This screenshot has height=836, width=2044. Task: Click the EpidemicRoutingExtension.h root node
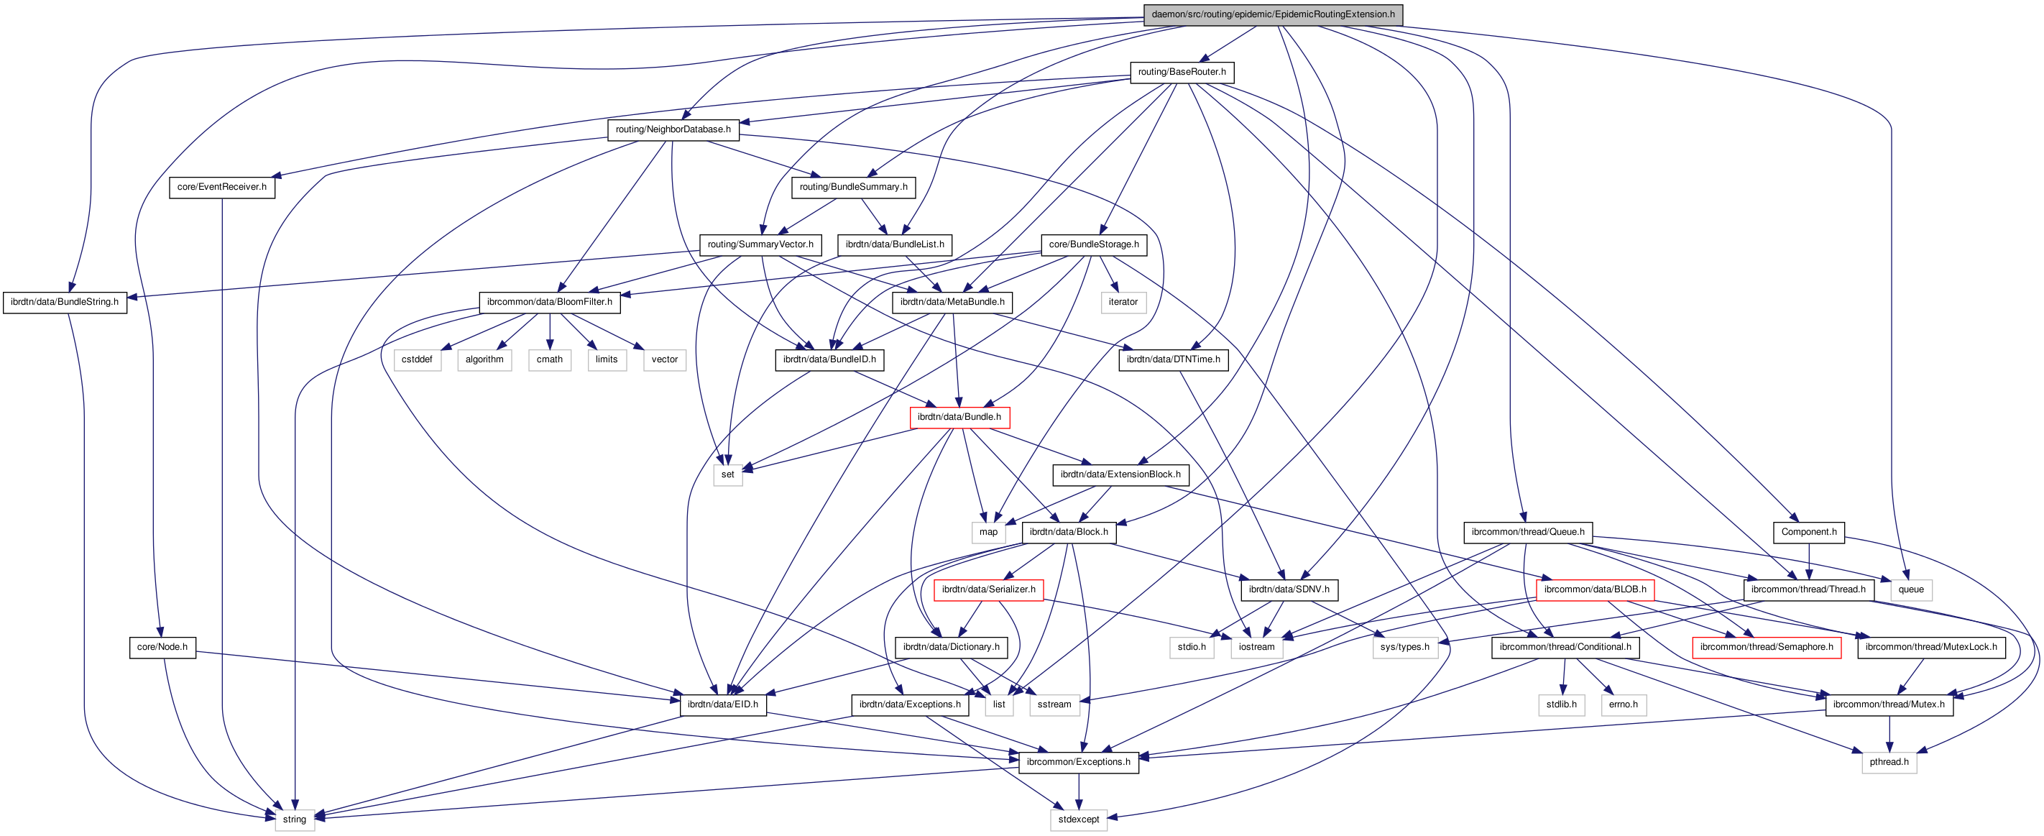coord(1273,14)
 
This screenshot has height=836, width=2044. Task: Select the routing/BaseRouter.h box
coord(1182,71)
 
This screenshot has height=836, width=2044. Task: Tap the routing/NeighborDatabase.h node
coord(673,129)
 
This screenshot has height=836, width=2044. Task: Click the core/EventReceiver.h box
coord(221,187)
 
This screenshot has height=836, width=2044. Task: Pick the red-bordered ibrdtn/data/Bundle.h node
coord(959,417)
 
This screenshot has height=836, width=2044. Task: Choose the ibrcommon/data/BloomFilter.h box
coord(549,302)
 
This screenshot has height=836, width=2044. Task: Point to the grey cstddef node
coord(417,359)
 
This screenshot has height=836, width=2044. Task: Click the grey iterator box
coord(1123,302)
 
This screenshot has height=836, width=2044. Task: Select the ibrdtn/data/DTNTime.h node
coord(1173,359)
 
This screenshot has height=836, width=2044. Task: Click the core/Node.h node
coord(162,647)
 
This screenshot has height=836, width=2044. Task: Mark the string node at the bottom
coord(295,819)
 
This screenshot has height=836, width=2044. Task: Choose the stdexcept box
coord(1078,819)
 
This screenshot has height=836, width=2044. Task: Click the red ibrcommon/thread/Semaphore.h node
coord(1767,647)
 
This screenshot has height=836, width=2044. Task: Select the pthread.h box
coord(1889,762)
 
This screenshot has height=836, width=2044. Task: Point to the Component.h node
coord(1808,532)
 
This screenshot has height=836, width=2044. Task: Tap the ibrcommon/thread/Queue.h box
coord(1527,532)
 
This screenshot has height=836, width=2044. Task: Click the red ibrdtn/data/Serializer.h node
coord(988,589)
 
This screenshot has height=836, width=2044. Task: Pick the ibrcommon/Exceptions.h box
coord(1078,762)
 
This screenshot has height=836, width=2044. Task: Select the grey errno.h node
coord(1624,704)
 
